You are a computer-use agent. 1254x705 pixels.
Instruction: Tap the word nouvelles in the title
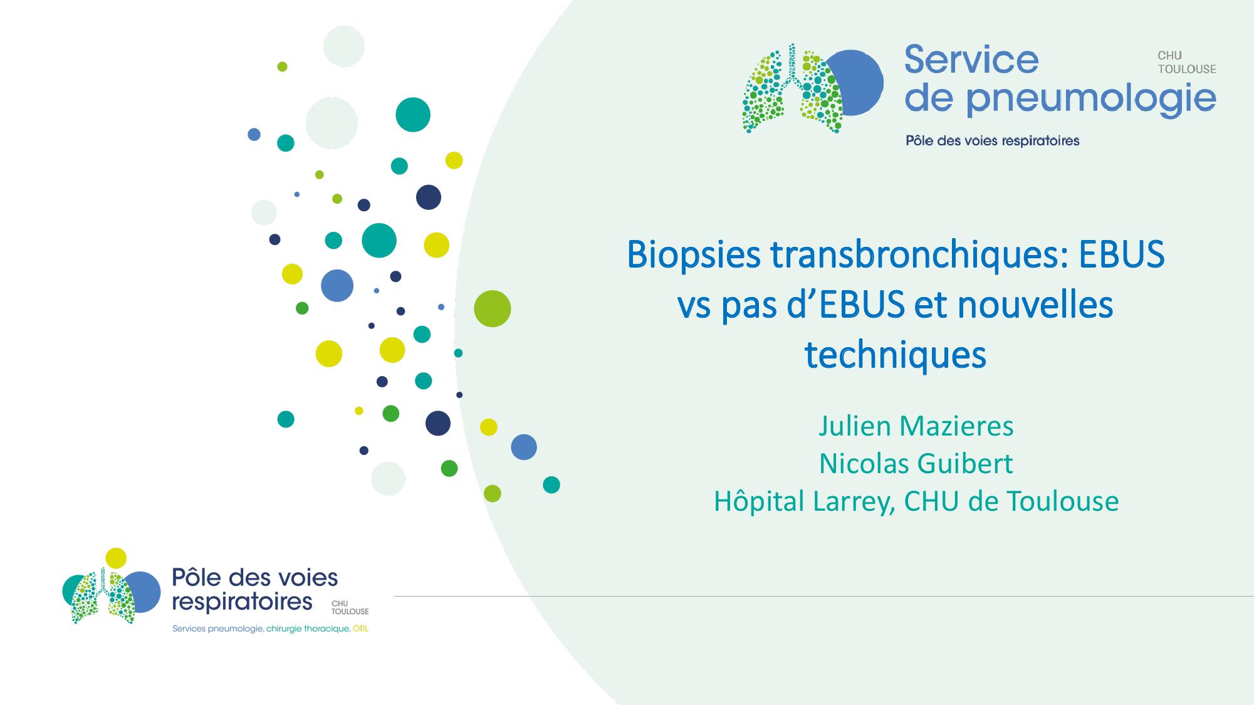tap(1035, 305)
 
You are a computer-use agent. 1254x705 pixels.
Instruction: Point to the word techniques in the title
tap(895, 355)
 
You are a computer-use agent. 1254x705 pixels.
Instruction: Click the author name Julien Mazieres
tap(916, 426)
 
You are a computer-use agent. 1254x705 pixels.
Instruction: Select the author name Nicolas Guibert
tap(916, 464)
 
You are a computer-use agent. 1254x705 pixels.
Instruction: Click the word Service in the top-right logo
tap(971, 60)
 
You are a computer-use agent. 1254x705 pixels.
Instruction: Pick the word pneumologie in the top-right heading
tap(1090, 99)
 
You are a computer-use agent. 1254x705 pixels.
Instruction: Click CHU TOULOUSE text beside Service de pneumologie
tap(1186, 62)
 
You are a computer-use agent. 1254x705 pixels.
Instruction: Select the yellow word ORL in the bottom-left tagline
tap(360, 629)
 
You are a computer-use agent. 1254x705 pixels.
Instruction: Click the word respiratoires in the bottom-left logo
tap(242, 602)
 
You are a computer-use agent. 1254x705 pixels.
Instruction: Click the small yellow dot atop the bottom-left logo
tap(116, 558)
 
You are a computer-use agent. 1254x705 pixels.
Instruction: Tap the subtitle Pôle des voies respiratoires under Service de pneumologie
tap(992, 140)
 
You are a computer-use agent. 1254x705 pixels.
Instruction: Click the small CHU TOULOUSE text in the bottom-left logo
tap(350, 607)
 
